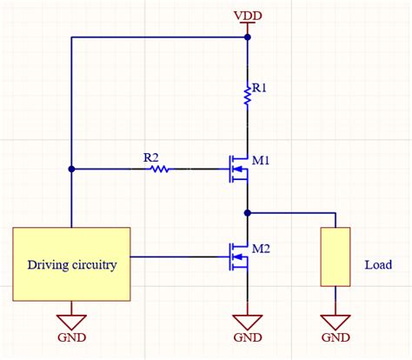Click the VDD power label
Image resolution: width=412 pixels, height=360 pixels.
(x=248, y=16)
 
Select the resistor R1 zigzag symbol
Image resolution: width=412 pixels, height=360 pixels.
(x=247, y=95)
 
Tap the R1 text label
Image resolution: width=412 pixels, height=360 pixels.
(x=259, y=88)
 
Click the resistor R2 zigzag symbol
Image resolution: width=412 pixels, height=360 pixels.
(x=160, y=169)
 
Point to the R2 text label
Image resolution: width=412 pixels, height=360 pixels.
(x=151, y=158)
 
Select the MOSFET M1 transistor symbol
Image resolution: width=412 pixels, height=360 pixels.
(x=238, y=169)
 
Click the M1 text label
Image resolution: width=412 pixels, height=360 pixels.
(x=261, y=160)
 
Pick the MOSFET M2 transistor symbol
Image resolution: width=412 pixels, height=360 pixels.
(x=238, y=257)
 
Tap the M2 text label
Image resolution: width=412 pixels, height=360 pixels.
(x=261, y=249)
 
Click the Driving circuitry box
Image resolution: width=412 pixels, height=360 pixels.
(x=71, y=264)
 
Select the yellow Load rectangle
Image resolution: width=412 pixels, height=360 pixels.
(x=336, y=257)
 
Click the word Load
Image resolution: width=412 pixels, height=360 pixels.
(x=378, y=264)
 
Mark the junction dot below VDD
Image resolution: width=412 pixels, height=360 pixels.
(x=248, y=37)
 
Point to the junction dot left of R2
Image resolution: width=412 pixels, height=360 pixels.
(x=71, y=169)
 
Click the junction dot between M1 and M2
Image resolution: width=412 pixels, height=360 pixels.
(x=248, y=213)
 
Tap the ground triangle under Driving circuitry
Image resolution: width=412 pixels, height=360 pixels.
(x=71, y=323)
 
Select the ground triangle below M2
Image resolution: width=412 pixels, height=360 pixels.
(x=248, y=323)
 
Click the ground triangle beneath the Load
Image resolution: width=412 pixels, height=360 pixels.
(x=336, y=323)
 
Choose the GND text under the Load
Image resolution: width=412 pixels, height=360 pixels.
(x=336, y=337)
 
